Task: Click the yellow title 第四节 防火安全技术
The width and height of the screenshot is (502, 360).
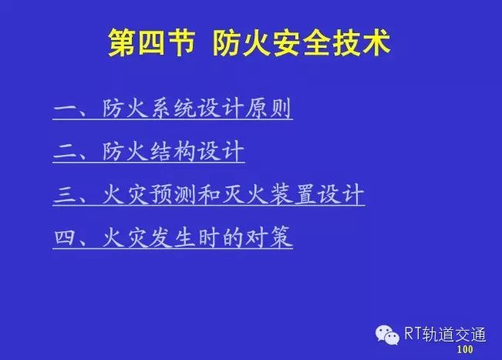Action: coord(249,42)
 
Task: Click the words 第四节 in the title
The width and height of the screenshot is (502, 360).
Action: coord(151,42)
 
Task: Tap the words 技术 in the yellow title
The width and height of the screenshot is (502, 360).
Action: coord(361,42)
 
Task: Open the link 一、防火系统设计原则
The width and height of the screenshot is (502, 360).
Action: coord(173,109)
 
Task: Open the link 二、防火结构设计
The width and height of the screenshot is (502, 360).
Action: coord(149,152)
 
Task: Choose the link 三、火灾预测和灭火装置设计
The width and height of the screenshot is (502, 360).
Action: coord(209,194)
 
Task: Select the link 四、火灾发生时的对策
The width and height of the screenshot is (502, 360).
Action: coord(173,237)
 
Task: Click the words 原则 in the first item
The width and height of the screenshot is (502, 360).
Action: coord(268,109)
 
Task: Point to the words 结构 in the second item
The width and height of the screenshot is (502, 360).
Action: coord(173,151)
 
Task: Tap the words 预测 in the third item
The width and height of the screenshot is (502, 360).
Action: coord(173,194)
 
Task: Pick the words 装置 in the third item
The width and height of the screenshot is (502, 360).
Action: coord(292,194)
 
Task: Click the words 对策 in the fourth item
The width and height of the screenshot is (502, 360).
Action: coord(268,237)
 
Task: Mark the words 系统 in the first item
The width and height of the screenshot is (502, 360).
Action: coord(173,109)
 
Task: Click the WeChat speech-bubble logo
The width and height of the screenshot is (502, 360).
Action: coord(387,335)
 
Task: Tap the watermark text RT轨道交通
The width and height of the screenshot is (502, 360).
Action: coord(445,334)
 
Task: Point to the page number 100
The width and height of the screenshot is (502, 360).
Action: coord(465,349)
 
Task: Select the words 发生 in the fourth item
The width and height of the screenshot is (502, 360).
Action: coord(173,237)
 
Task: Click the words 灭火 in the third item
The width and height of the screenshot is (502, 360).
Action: coord(244,194)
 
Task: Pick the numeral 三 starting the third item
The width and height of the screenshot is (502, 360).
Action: coord(65,194)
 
